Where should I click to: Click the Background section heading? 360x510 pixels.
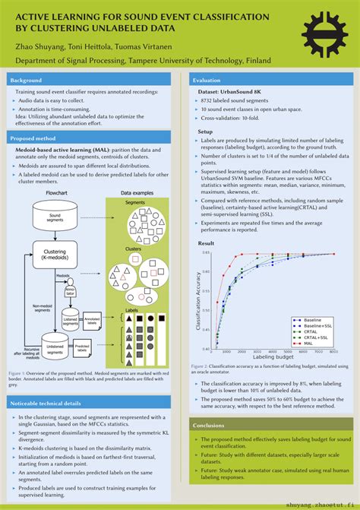pos(27,80)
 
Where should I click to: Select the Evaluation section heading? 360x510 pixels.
pos(207,80)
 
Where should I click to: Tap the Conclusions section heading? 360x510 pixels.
pos(209,425)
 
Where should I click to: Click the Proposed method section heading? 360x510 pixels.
pos(33,138)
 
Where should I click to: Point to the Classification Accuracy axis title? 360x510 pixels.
pos(198,300)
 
